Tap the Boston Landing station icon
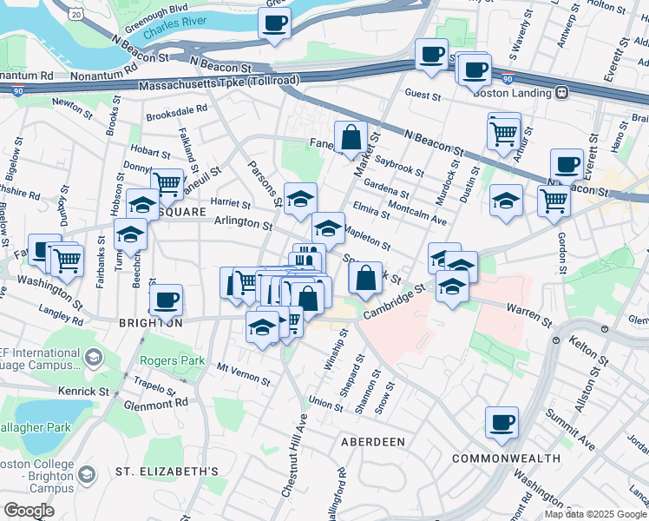tap(562, 93)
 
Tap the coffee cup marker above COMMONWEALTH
tap(501, 423)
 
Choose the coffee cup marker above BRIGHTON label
tap(166, 300)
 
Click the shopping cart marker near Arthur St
tap(504, 132)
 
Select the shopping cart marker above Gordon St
tap(554, 200)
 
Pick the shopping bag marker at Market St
tap(351, 137)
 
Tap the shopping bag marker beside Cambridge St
tap(366, 278)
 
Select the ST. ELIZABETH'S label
tap(167, 472)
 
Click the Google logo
tap(29, 511)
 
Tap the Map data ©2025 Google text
tap(595, 514)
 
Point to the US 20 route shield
tap(77, 14)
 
